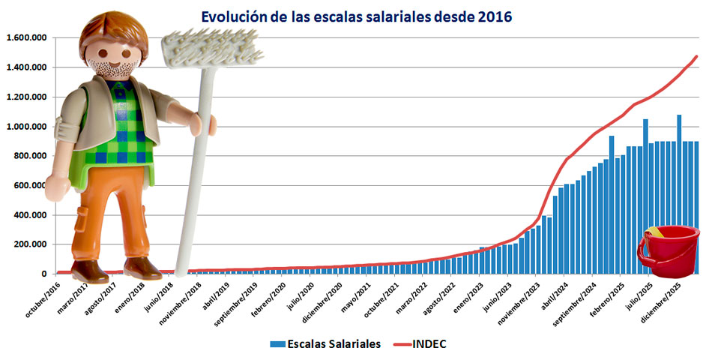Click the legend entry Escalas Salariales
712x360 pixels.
(x=326, y=343)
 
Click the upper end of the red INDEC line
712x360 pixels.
(x=696, y=56)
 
